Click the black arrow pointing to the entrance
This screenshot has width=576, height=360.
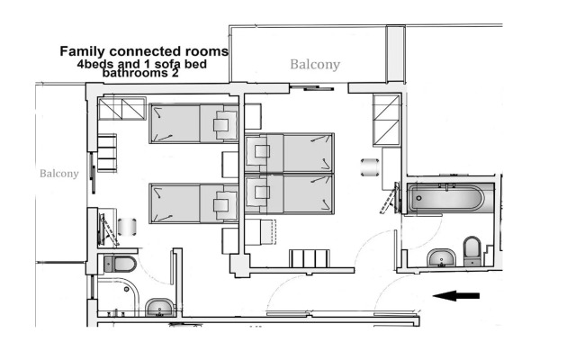click(x=456, y=295)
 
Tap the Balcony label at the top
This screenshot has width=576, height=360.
click(x=315, y=65)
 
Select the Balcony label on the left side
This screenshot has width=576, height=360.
click(x=58, y=173)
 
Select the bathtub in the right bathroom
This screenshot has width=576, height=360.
click(x=445, y=196)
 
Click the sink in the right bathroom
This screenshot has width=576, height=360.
click(x=441, y=257)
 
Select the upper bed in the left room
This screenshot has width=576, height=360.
click(x=193, y=122)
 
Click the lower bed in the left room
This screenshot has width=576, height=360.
click(x=193, y=203)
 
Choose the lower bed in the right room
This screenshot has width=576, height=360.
click(x=290, y=193)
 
